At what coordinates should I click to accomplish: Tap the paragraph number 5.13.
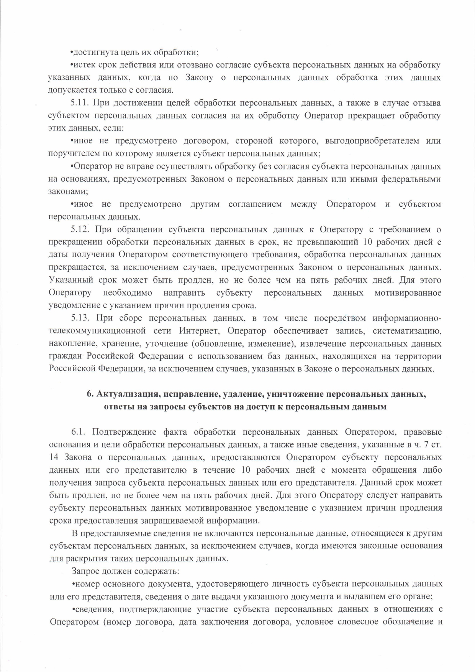[80, 318]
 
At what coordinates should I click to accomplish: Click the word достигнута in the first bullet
[92, 53]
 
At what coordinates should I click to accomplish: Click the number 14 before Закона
[54, 457]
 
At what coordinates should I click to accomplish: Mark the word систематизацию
[407, 331]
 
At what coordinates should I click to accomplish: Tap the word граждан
[65, 356]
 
